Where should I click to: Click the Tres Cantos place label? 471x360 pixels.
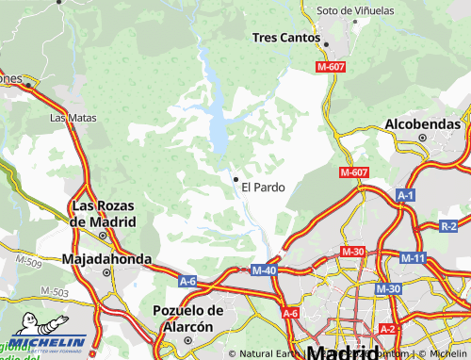pos(288,37)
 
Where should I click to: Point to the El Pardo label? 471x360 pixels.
pos(263,187)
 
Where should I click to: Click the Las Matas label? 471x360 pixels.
pos(73,119)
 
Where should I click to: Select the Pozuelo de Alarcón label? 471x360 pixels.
pos(187,318)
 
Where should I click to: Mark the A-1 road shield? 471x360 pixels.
pos(406,195)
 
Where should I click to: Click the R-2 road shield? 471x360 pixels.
pos(448,226)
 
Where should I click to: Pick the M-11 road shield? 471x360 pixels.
pos(413,258)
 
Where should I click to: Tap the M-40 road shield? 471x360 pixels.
pos(264,270)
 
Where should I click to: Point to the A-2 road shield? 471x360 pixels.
pos(387,329)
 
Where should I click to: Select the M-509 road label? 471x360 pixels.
pos(29,258)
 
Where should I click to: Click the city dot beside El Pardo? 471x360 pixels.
pos(235,178)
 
